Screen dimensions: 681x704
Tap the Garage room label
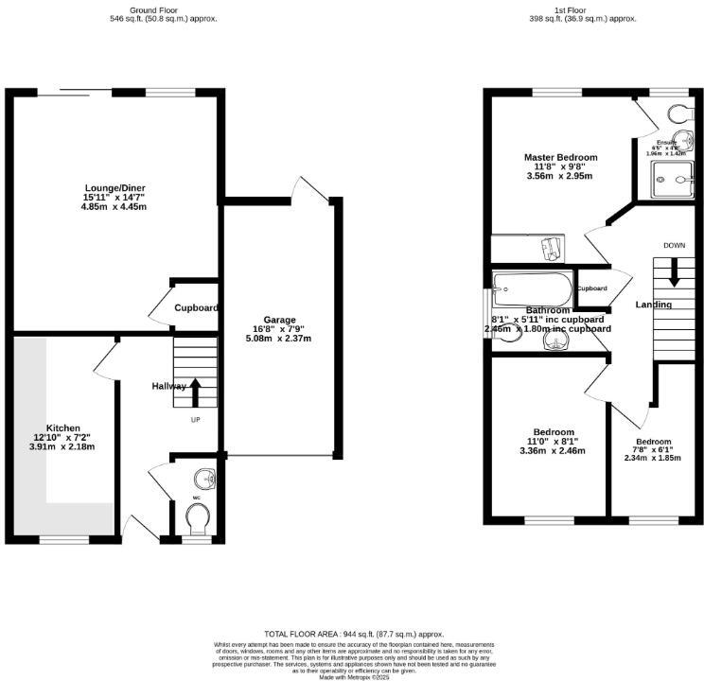(x=279, y=320)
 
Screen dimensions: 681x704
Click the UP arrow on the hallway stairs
(x=196, y=391)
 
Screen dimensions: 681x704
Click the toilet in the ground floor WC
(x=199, y=516)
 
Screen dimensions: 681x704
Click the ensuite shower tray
(x=676, y=177)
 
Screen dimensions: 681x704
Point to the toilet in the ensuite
(x=678, y=113)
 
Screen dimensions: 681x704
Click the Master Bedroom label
(x=560, y=157)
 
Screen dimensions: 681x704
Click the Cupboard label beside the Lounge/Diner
(x=196, y=308)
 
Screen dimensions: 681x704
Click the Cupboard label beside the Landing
(x=592, y=288)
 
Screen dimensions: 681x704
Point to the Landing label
(x=653, y=305)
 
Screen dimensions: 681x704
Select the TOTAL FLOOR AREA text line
(x=353, y=634)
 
